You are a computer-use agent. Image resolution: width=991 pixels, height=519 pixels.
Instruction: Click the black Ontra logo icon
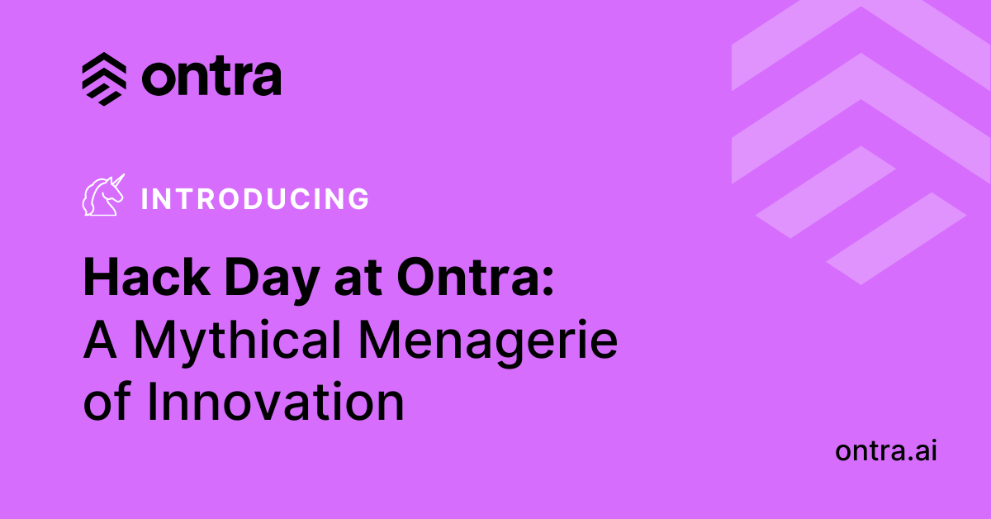coord(104,79)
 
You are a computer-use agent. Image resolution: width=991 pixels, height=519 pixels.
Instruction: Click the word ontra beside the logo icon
coord(211,79)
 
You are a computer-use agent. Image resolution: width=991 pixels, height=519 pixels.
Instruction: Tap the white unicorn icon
coord(103,196)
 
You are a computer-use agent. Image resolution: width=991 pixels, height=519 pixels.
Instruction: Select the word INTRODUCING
coord(255,199)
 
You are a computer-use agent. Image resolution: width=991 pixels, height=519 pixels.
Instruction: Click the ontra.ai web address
coord(886,451)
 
